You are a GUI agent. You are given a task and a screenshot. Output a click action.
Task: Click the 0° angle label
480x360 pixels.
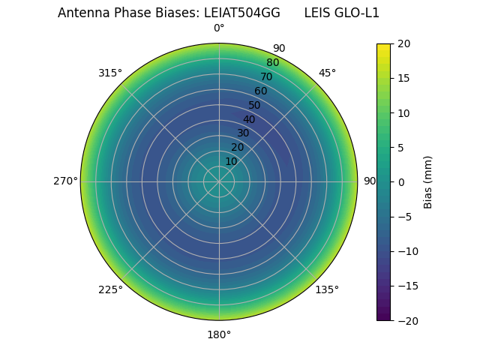(219, 28)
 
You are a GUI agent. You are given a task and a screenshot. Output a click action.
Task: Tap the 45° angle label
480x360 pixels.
(327, 73)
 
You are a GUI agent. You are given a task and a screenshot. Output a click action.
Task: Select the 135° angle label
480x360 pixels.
(327, 289)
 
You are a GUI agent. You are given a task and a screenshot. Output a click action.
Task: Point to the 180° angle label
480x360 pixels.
(219, 334)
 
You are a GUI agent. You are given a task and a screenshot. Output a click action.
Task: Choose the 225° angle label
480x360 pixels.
(110, 289)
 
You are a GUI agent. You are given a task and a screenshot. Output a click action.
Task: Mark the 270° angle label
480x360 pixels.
(65, 181)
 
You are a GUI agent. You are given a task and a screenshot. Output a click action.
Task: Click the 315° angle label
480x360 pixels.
(110, 73)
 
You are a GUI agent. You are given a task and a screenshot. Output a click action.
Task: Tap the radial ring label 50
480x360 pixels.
(255, 106)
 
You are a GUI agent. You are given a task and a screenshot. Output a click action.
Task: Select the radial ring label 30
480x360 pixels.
(243, 133)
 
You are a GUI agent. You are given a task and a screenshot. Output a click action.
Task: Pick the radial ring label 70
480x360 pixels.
(266, 77)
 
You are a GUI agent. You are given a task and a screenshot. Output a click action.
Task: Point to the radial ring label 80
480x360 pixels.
(272, 63)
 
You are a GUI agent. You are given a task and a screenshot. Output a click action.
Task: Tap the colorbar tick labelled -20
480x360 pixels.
(406, 320)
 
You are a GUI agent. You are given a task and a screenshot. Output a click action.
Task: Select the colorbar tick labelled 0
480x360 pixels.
(400, 181)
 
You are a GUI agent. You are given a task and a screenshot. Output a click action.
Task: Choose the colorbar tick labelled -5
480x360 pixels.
(403, 217)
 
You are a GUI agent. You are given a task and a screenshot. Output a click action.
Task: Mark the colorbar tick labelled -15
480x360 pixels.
(406, 286)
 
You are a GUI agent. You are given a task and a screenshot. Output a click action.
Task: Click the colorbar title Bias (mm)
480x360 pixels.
(428, 181)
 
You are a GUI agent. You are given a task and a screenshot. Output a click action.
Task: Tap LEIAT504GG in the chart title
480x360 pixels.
(242, 13)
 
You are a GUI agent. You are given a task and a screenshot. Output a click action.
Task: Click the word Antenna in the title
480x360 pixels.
(82, 13)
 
